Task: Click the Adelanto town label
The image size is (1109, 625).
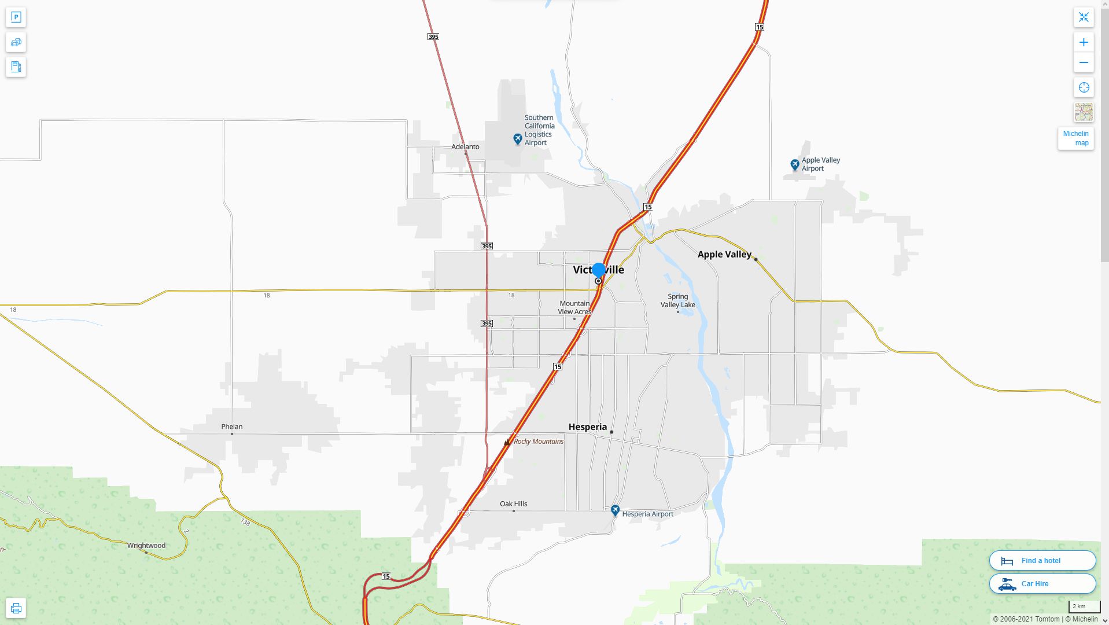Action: [465, 147]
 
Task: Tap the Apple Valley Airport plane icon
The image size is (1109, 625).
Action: [795, 165]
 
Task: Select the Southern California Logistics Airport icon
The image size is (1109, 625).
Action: [518, 139]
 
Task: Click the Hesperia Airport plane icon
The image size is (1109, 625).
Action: [615, 510]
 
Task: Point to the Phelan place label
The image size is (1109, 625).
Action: [231, 427]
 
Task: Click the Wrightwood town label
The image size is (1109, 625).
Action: [146, 546]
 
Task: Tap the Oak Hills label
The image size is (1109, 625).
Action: [513, 504]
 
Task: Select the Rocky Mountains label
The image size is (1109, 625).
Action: [538, 442]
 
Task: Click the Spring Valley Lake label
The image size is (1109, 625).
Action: [677, 301]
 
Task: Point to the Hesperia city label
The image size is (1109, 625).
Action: [587, 427]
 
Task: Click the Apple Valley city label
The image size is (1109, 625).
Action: [724, 254]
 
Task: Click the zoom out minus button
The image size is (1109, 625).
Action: [1084, 62]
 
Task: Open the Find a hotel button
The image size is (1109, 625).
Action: [1042, 561]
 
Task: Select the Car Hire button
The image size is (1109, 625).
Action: [1042, 584]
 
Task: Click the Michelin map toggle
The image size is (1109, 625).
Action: [1075, 138]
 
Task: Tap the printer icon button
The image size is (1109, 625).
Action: [16, 608]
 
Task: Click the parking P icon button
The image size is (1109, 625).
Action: [16, 17]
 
